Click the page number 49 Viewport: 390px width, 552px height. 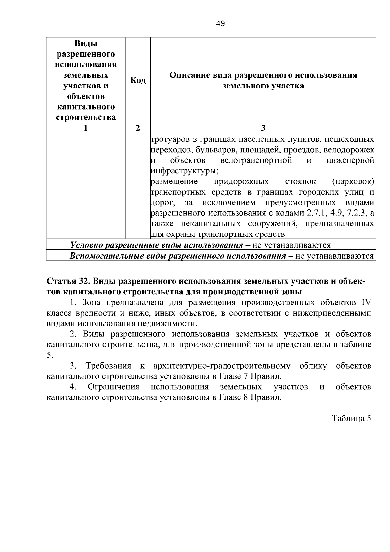pyautogui.click(x=220, y=24)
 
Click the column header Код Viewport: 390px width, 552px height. pyautogui.click(x=138, y=80)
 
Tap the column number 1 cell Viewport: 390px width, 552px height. pyautogui.click(x=86, y=128)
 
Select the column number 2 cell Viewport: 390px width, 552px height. pyautogui.click(x=138, y=128)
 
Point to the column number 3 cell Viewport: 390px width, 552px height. pyautogui.click(x=263, y=128)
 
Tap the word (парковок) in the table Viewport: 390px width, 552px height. pyautogui.click(x=353, y=181)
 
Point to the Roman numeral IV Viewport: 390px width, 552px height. pyautogui.click(x=366, y=303)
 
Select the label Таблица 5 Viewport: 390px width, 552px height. pyautogui.click(x=351, y=418)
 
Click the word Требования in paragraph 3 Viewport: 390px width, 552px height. pyautogui.click(x=108, y=366)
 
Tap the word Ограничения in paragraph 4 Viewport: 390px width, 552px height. pyautogui.click(x=113, y=387)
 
